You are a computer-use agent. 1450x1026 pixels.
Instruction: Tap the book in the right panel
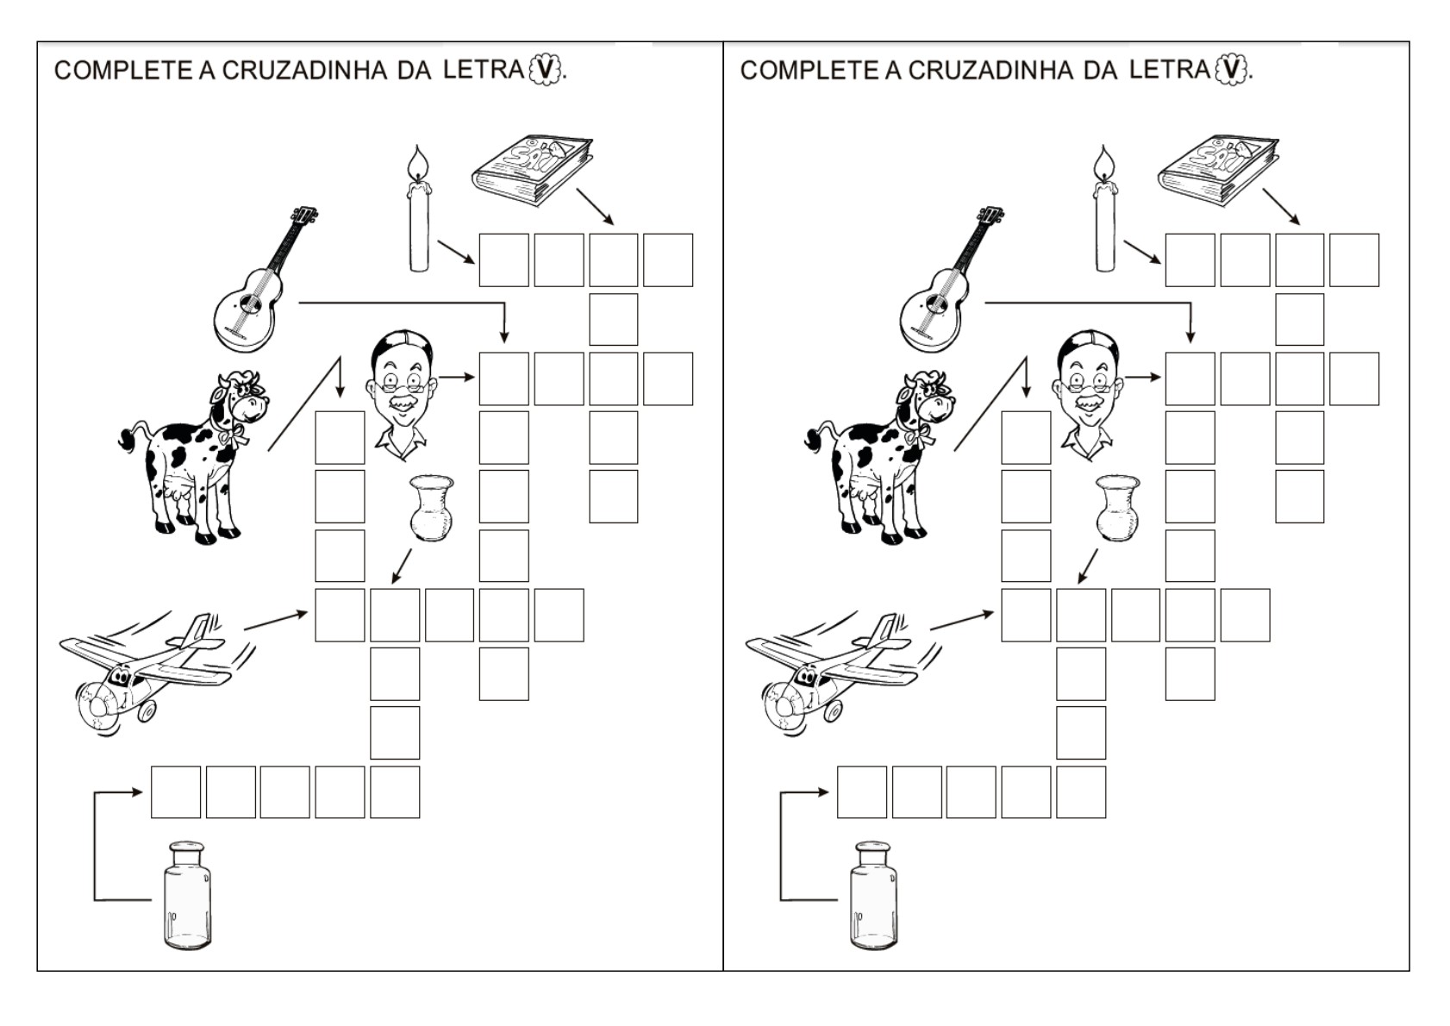[x=1218, y=170]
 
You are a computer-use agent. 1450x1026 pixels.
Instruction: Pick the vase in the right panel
[x=1118, y=508]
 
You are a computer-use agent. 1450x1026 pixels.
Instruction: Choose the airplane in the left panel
[x=156, y=673]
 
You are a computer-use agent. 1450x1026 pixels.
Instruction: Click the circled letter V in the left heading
[x=546, y=70]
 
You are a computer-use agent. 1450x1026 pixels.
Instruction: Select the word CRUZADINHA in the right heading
[x=991, y=71]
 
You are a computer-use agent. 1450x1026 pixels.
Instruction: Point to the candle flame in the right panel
[x=1103, y=161]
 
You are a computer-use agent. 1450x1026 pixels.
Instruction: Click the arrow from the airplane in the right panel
[x=962, y=620]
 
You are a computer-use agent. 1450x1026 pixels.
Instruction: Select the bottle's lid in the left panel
[x=187, y=848]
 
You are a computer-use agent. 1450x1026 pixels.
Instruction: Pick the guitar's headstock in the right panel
[x=991, y=217]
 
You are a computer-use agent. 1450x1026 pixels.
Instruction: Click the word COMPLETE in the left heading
[x=123, y=71]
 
